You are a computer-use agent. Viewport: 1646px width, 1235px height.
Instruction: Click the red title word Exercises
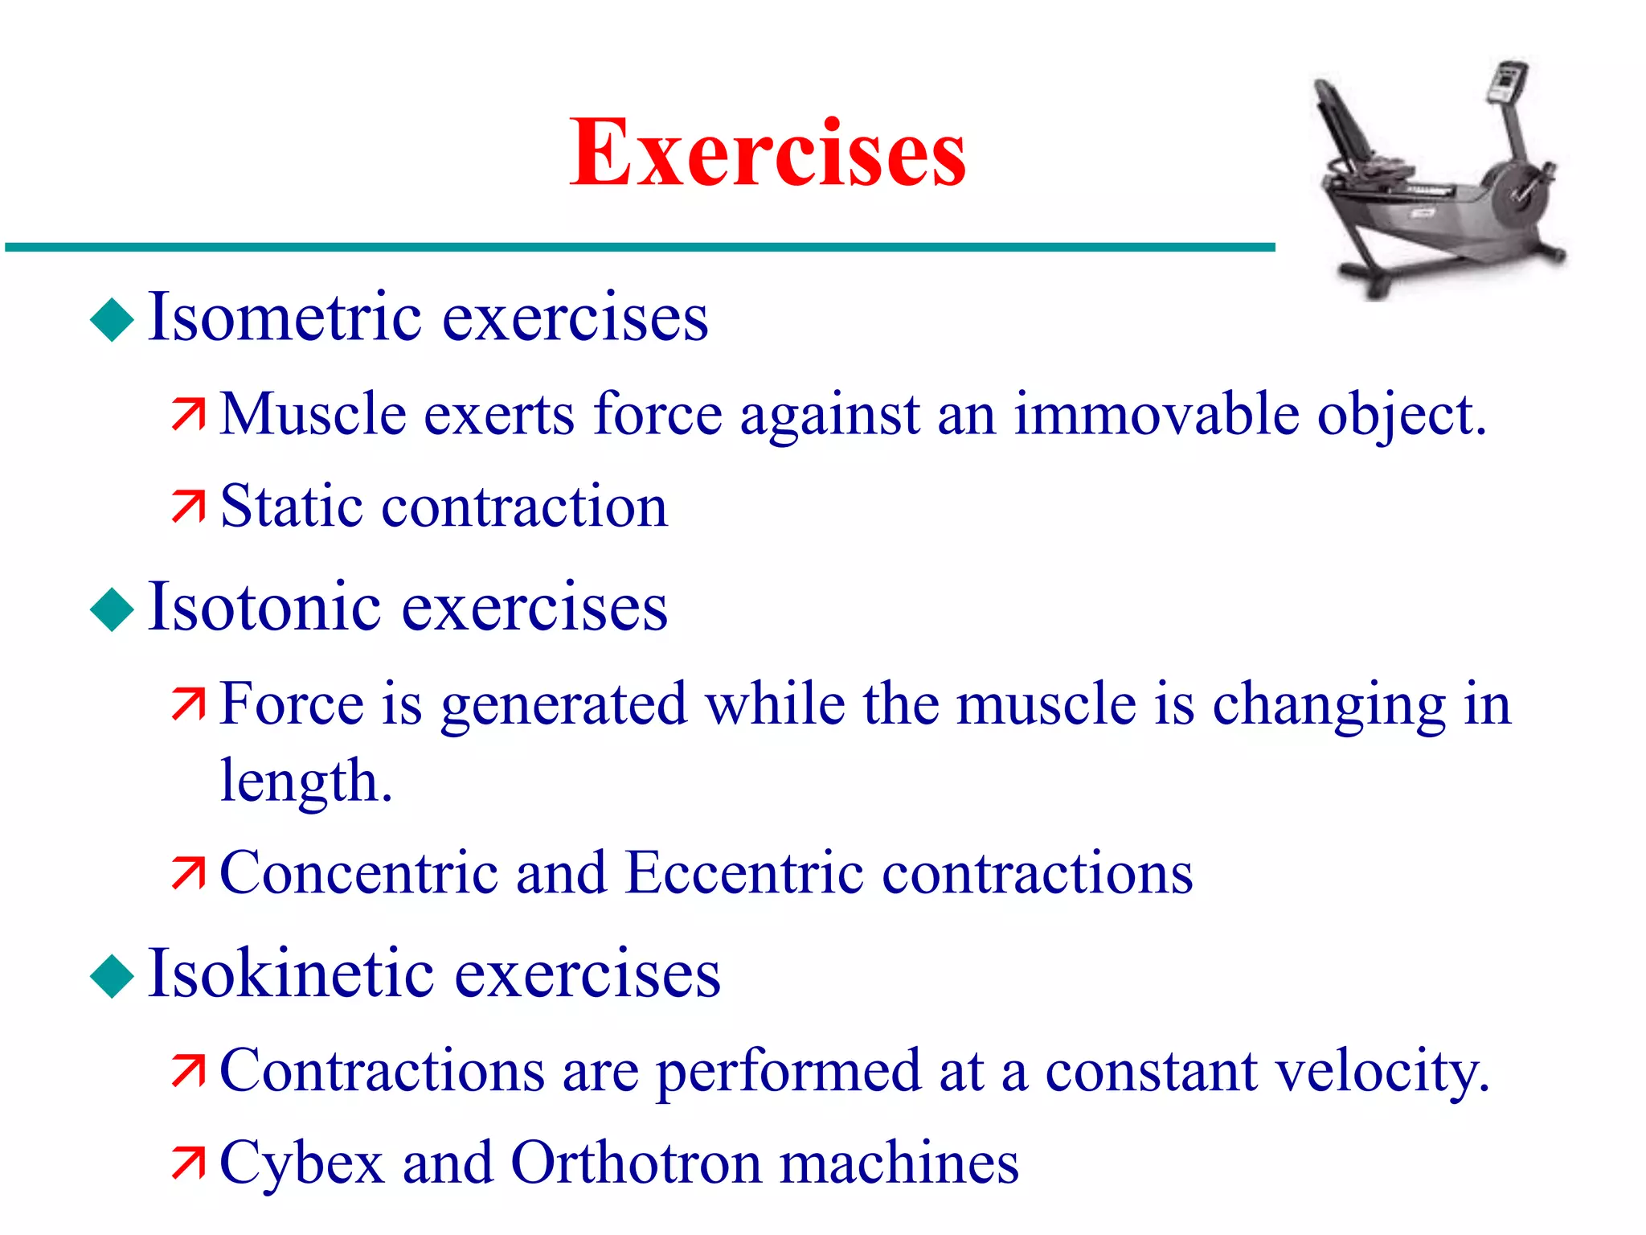click(x=768, y=153)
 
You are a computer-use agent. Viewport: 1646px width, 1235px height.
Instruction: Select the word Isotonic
click(x=264, y=606)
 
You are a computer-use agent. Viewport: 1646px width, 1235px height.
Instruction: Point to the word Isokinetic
click(x=291, y=974)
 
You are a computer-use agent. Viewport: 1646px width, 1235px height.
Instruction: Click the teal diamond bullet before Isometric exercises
click(x=112, y=320)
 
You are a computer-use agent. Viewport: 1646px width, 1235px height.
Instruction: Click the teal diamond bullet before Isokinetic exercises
click(x=112, y=976)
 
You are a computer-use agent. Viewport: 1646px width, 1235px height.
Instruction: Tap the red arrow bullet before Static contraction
click(x=188, y=507)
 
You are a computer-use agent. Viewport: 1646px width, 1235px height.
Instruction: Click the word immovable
click(x=1156, y=415)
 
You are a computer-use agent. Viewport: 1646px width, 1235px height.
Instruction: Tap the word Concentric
click(x=358, y=873)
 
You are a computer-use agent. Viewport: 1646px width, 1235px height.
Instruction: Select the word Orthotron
click(x=636, y=1163)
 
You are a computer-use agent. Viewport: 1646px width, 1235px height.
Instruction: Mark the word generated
click(x=563, y=705)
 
